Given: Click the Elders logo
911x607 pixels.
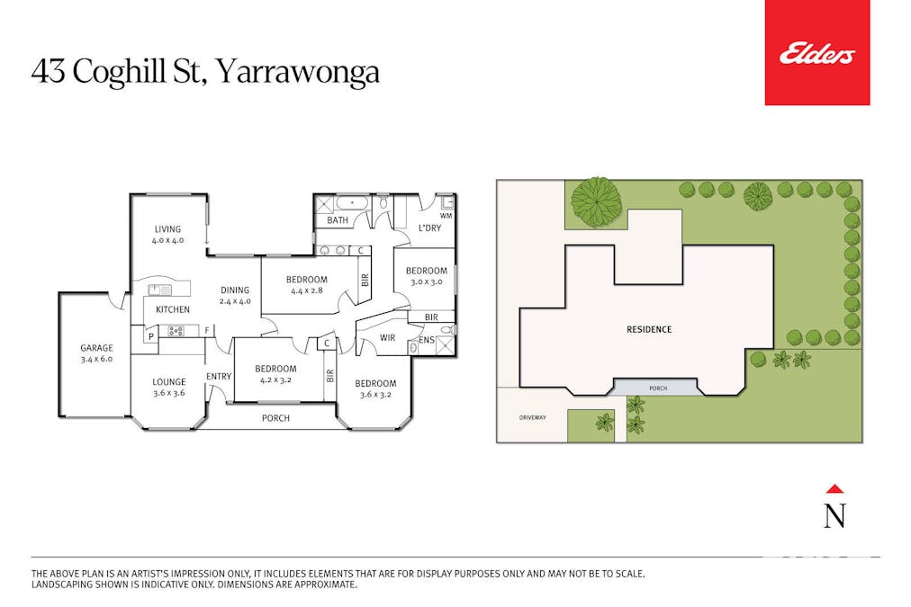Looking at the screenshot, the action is (816, 53).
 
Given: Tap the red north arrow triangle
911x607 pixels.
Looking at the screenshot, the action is (834, 488).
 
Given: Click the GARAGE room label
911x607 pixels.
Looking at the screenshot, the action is (96, 348).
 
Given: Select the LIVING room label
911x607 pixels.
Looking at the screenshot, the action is (167, 229).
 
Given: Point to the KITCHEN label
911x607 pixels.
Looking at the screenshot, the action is (173, 310).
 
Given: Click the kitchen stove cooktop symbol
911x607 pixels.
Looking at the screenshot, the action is (176, 331).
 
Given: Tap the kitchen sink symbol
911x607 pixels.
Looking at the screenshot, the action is (159, 290).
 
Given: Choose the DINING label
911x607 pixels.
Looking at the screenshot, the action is (235, 290).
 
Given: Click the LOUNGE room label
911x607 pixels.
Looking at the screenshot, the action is (169, 382).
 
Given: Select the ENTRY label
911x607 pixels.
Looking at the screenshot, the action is (219, 377).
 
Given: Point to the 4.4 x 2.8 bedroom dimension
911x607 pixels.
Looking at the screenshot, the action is (307, 290).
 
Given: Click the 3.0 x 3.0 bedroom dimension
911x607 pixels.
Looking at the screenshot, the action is (427, 281).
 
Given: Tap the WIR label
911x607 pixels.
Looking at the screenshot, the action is (387, 338).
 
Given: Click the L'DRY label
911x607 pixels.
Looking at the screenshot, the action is (430, 228).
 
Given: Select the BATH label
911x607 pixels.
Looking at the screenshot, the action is (338, 220).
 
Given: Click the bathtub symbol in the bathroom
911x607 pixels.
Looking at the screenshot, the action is (351, 204).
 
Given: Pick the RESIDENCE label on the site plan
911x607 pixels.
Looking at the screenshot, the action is (649, 330).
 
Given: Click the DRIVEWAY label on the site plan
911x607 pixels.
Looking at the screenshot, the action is (532, 417).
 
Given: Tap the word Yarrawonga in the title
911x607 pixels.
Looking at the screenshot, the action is (298, 73).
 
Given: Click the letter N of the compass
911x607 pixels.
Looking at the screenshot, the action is (834, 515).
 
